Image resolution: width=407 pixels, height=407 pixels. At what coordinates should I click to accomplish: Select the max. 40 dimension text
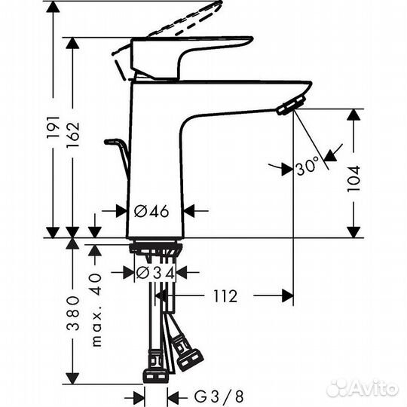click(95, 310)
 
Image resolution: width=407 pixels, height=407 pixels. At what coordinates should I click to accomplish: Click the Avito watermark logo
click(362, 388)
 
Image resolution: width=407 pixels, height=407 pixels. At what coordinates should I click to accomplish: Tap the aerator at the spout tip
click(289, 107)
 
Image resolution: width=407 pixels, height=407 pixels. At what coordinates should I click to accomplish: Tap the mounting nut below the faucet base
click(155, 249)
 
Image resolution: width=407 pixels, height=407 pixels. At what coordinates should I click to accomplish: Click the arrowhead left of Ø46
click(121, 211)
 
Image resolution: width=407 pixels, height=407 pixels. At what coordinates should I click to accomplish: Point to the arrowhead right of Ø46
click(190, 211)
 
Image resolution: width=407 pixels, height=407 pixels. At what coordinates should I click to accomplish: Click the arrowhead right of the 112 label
click(287, 296)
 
